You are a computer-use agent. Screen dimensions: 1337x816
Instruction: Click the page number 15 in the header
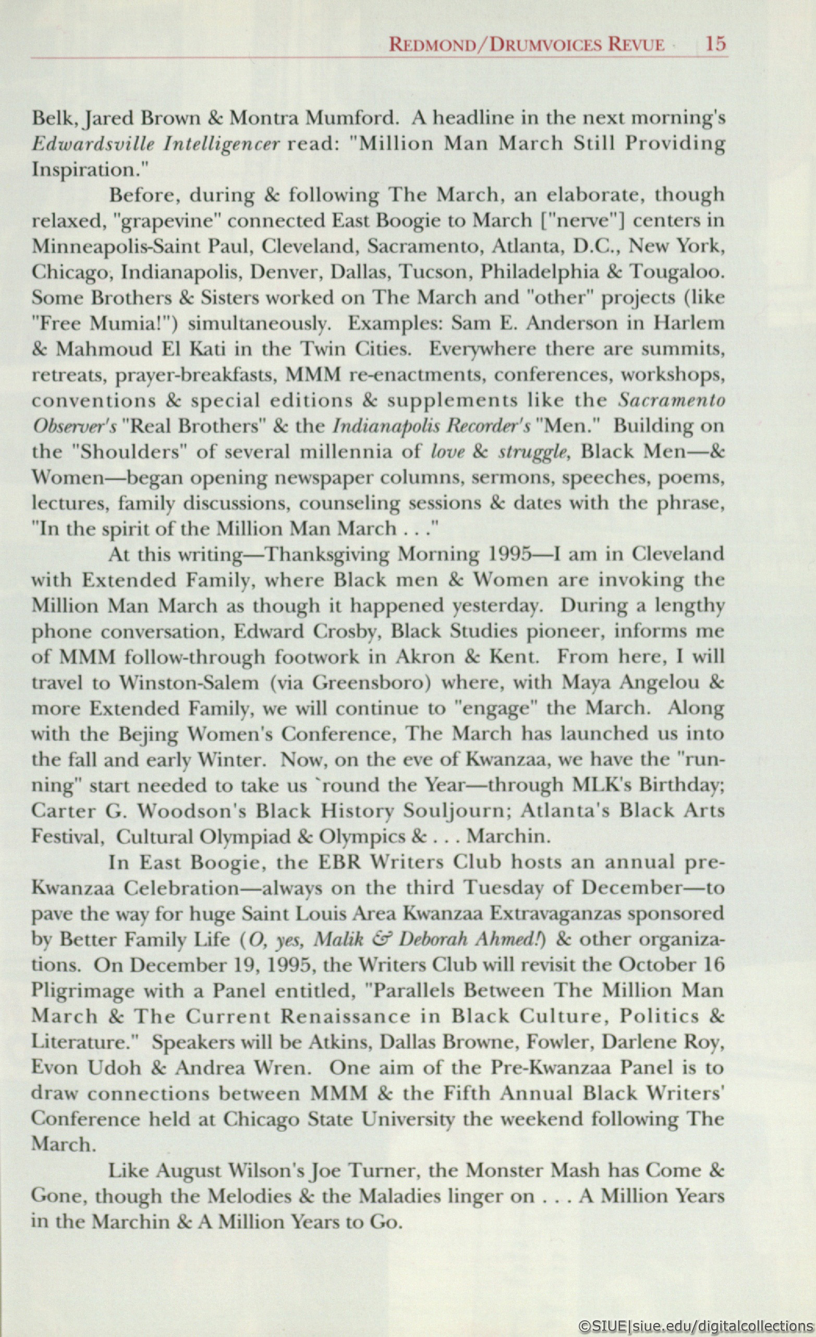point(715,43)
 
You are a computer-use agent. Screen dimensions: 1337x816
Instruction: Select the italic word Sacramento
point(672,400)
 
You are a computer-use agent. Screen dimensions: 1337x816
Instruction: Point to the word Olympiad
point(246,837)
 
